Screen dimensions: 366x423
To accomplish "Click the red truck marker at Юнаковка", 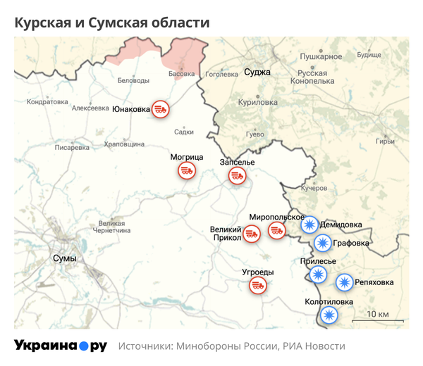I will click(x=161, y=109).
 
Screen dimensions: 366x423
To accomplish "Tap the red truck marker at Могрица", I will click(x=187, y=170).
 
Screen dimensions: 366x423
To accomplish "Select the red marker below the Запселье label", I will click(x=237, y=177).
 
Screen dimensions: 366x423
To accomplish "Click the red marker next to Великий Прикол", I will click(x=255, y=233).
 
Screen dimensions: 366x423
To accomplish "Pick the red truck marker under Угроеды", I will click(x=259, y=285).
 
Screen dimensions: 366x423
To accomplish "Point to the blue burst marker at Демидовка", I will click(x=309, y=225).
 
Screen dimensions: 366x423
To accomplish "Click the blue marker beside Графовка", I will click(x=322, y=244).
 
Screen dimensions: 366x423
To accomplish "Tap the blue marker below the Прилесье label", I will click(x=319, y=274).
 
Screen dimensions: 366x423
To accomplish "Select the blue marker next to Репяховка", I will click(x=344, y=282).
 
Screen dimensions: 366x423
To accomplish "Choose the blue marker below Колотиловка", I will click(x=328, y=315).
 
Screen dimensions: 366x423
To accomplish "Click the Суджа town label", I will click(x=257, y=72).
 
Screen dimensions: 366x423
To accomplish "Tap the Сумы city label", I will click(x=64, y=258).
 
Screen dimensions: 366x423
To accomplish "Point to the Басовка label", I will click(x=182, y=73).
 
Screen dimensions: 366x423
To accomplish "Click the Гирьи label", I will click(x=386, y=141).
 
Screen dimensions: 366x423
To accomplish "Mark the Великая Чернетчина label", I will click(x=111, y=227).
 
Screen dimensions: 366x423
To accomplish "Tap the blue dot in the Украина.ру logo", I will click(x=83, y=346).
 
